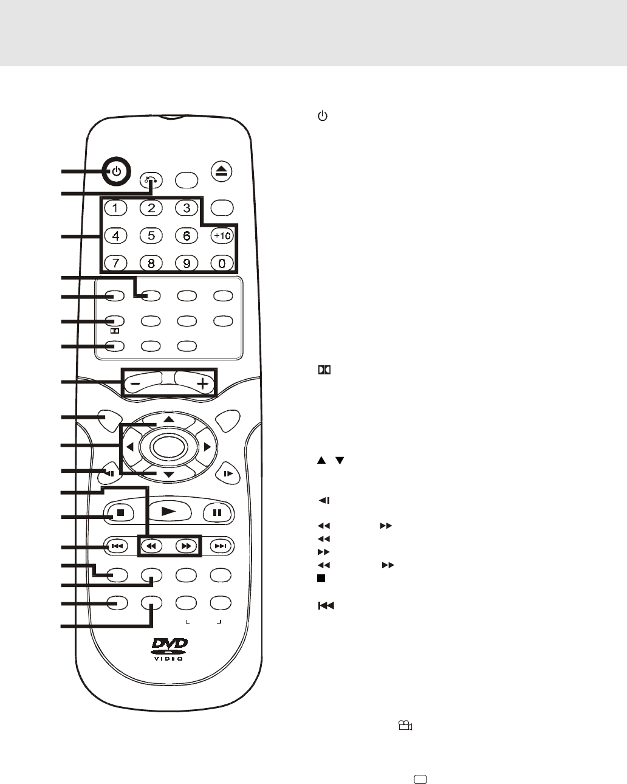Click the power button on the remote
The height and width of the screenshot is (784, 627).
point(117,172)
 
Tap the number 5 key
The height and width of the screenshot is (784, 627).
point(151,235)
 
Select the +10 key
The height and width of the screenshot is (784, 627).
point(222,235)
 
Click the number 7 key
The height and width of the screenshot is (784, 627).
point(115,263)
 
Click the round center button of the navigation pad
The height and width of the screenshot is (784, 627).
point(168,447)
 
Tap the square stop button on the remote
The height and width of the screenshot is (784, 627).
point(120,512)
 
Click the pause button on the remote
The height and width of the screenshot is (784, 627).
point(217,512)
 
